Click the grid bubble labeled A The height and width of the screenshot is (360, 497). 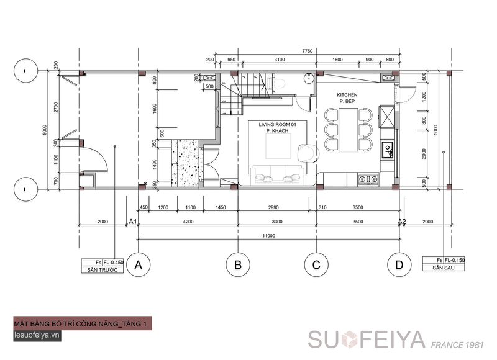coord(139,265)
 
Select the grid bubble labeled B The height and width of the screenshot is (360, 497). coord(237,265)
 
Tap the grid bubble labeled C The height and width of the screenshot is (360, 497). coord(316,265)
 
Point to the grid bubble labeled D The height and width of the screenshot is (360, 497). coord(398,265)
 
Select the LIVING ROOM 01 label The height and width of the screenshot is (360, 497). coord(278,125)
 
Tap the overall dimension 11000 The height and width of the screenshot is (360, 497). coord(268,235)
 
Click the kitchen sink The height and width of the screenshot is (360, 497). coord(387,148)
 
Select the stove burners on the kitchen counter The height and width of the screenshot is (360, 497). coord(368,179)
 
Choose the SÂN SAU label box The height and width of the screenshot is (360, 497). coord(443,268)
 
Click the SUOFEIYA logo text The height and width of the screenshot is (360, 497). coord(367,340)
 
